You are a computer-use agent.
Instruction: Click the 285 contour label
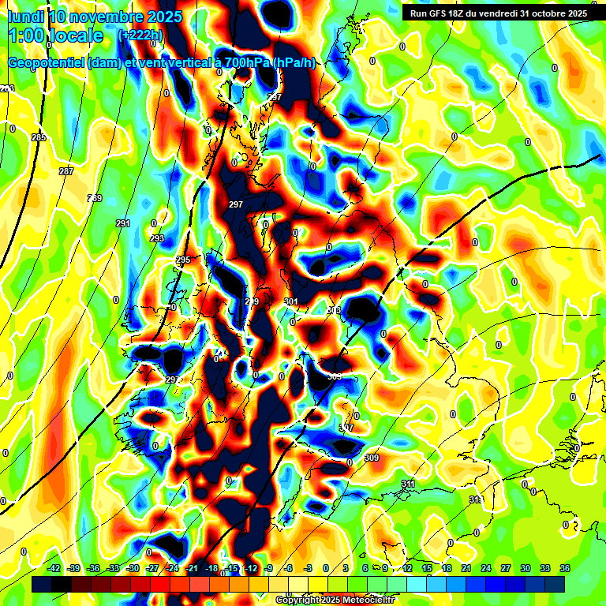39,138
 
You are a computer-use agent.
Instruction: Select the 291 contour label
122,224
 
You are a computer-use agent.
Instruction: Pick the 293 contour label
157,238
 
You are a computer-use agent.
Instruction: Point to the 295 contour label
183,260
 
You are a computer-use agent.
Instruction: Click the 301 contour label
290,302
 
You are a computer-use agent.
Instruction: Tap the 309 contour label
372,458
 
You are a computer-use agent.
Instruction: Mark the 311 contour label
408,484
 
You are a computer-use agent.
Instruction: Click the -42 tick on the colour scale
54,568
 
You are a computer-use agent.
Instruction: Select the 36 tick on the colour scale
565,568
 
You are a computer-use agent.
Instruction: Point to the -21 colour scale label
192,568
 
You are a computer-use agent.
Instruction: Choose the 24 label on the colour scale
485,568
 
